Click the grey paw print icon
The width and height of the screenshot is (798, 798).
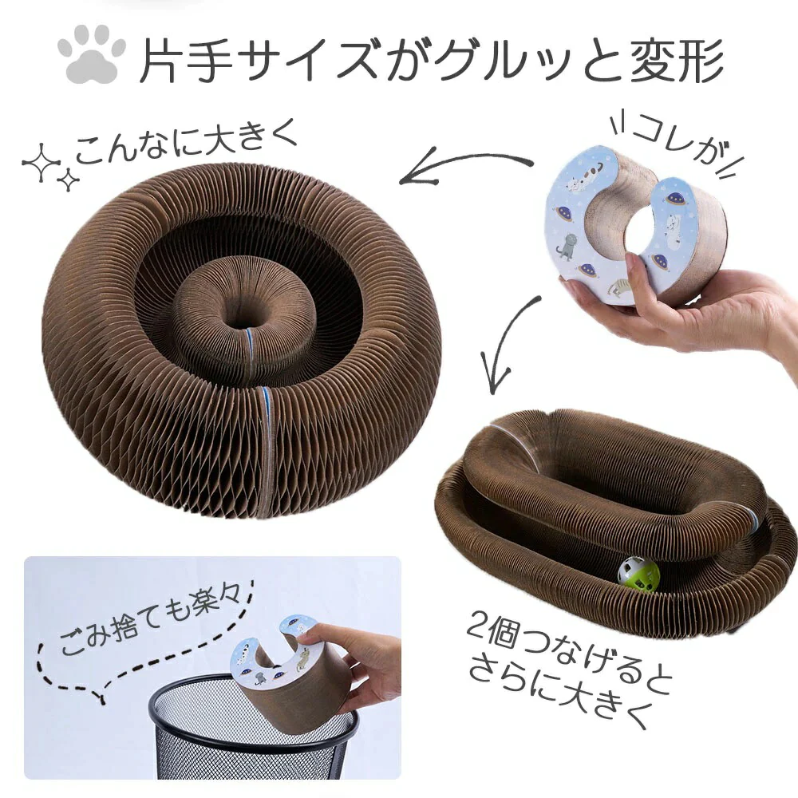click(92, 57)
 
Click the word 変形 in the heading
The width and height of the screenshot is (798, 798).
click(677, 59)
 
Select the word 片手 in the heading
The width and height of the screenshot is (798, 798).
click(186, 59)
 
